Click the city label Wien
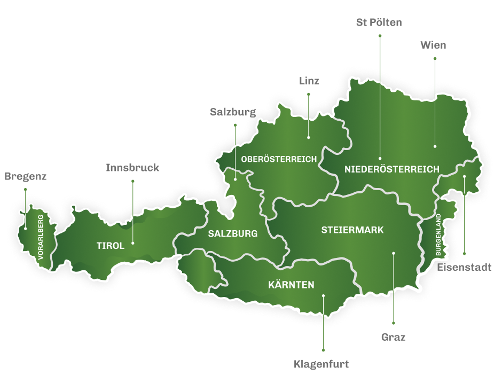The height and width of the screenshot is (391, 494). pos(433,45)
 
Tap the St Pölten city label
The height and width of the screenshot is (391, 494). pos(379,22)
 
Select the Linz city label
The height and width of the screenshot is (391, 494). pos(309,81)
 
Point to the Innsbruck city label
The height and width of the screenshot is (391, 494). pos(132,168)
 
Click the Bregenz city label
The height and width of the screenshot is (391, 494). pos(26,176)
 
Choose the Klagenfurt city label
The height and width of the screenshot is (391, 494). pos(322,364)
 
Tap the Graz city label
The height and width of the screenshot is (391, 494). pos(394,337)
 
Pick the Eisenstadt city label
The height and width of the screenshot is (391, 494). pos(464,267)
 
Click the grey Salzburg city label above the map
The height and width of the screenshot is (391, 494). pos(233,112)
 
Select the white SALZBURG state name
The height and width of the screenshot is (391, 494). pos(233,234)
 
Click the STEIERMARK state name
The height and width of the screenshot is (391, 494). pos(352,230)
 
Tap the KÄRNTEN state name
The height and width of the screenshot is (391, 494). pos(291,285)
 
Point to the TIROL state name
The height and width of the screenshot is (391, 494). pos(111,246)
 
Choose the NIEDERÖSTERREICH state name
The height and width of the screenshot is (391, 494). pos(392,169)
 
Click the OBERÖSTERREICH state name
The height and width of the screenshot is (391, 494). pos(279,159)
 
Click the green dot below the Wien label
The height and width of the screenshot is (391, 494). pos(435,59)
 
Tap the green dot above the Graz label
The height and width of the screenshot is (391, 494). pos(394,323)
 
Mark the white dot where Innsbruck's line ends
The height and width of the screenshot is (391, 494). pos(133,244)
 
